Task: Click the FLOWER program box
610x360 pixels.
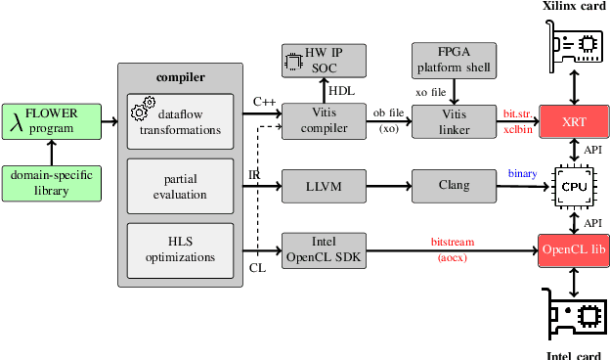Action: pyautogui.click(x=52, y=121)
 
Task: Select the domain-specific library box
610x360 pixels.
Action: pyautogui.click(x=52, y=183)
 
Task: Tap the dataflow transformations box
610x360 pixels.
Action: pyautogui.click(x=181, y=121)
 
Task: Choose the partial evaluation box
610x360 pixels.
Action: pyautogui.click(x=181, y=186)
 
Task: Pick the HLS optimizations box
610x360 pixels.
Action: pyautogui.click(x=181, y=249)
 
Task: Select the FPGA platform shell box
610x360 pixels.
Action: pyautogui.click(x=453, y=62)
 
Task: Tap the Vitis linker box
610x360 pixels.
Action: pyautogui.click(x=453, y=121)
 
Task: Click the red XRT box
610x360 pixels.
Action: pyautogui.click(x=573, y=121)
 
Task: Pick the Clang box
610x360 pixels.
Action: pyautogui.click(x=453, y=186)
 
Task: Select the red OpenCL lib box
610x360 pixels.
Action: pyautogui.click(x=573, y=249)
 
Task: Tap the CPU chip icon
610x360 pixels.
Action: pyautogui.click(x=573, y=184)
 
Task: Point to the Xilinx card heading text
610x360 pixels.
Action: pyautogui.click(x=574, y=7)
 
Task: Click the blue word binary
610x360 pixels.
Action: pyautogui.click(x=522, y=174)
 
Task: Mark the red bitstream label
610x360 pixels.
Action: pyautogui.click(x=452, y=241)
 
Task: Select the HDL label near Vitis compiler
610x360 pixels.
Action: pyautogui.click(x=342, y=91)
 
